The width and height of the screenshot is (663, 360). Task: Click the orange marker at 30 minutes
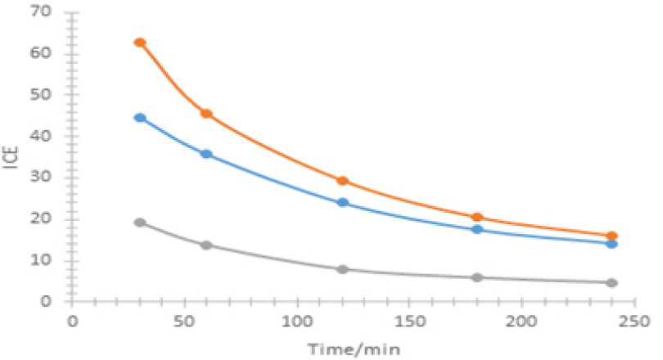coord(140,43)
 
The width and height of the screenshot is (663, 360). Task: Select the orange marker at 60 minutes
coord(206,114)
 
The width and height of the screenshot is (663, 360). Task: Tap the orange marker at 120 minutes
coord(343,181)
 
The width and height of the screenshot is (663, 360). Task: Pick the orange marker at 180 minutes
coord(478,218)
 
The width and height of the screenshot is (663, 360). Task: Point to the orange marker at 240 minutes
coord(611,236)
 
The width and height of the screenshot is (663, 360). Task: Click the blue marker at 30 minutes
coord(140,118)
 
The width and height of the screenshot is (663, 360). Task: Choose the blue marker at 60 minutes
coord(206,154)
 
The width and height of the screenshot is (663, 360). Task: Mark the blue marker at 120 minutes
coord(343,202)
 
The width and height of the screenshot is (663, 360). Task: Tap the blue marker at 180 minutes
coord(478,230)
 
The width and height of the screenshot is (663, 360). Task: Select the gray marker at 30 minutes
coord(140,223)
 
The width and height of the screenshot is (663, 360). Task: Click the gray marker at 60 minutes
coord(206,245)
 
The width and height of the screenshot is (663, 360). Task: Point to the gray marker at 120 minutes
coord(343,269)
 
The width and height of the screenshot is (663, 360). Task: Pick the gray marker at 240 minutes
coord(611,282)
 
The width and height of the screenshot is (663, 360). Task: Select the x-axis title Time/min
coord(341,348)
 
